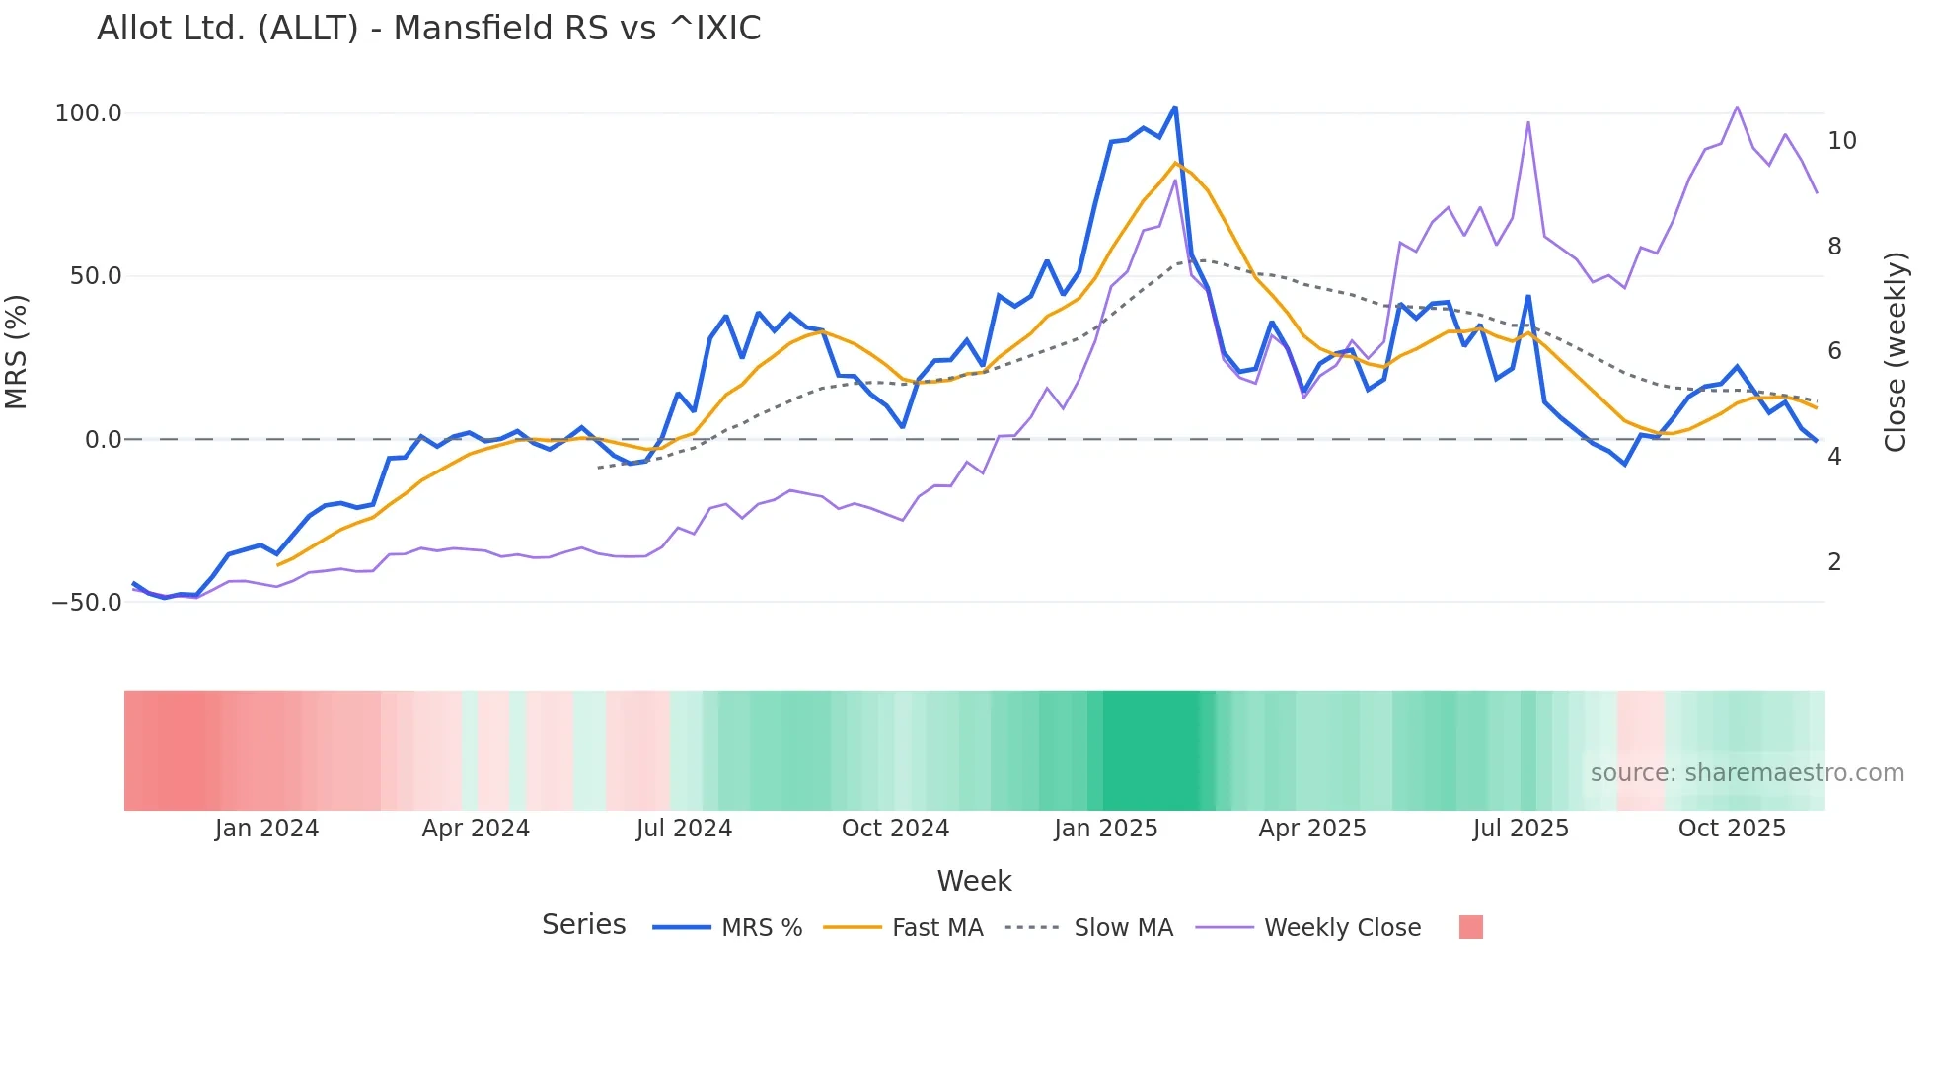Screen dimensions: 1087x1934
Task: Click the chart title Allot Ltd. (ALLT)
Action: coord(428,29)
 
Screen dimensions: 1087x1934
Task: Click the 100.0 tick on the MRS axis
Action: coord(88,113)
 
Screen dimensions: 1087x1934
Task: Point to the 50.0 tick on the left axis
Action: coord(95,276)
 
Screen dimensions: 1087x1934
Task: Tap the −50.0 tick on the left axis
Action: coord(87,602)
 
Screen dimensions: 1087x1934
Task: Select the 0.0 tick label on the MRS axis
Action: coord(103,439)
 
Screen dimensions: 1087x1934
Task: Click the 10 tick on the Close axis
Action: coord(1841,141)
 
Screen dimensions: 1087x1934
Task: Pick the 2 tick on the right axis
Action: coord(1834,562)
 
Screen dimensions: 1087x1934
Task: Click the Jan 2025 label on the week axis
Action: coord(1105,829)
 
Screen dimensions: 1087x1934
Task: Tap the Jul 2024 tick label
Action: coord(684,829)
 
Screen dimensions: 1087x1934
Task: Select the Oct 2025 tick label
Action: coord(1732,829)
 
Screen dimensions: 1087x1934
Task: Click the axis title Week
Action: coord(974,881)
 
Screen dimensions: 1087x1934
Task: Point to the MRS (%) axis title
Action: coord(17,351)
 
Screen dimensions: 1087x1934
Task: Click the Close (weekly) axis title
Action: coord(1896,351)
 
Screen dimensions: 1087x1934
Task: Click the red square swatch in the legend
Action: coord(1470,927)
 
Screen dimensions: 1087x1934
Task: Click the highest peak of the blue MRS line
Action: coord(1174,107)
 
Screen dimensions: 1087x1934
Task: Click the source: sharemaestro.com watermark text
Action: coord(1747,773)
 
